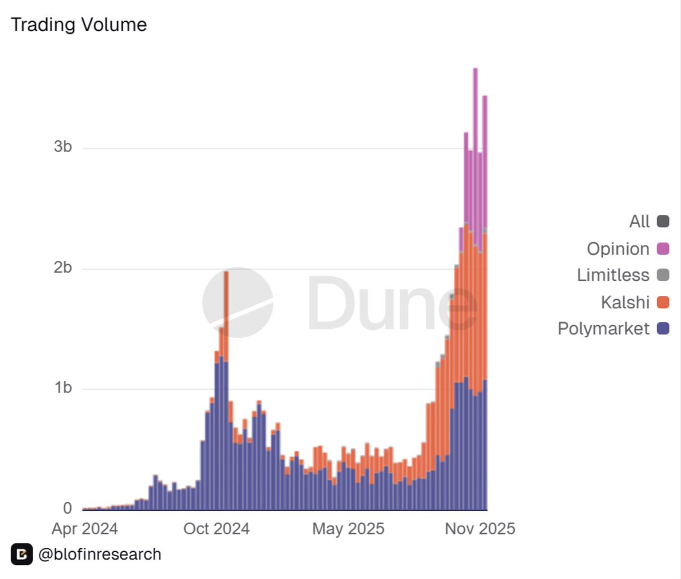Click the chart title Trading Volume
pos(79,25)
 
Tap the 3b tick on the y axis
pos(63,147)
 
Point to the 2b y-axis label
pos(63,268)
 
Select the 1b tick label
pos(63,388)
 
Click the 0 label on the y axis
pos(68,508)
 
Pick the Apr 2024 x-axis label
pos(85,529)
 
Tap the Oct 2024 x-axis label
pos(216,529)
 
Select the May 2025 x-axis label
pos(348,529)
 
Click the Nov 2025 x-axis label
pos(480,529)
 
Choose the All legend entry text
pos(639,222)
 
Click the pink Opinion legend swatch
pos(663,248)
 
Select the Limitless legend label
pos(613,276)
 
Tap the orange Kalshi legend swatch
pos(663,302)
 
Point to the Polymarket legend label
pos(603,329)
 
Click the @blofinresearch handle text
pos(100,555)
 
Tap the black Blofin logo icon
pos(22,555)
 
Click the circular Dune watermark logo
pos(238,302)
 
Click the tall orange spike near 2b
pos(226,306)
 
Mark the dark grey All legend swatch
pos(663,222)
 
